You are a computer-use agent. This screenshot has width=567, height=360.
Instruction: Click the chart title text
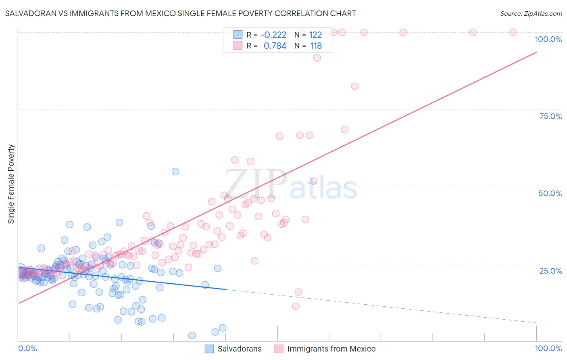tap(180, 13)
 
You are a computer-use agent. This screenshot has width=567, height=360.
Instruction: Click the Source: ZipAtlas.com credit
tap(531, 13)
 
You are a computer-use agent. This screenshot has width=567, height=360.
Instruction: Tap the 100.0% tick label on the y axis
tap(548, 39)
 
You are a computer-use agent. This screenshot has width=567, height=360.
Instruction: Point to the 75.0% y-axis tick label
tap(550, 116)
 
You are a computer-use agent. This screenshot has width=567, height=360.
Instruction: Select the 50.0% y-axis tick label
tap(550, 193)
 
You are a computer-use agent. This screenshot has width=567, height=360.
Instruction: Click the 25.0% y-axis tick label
tap(550, 270)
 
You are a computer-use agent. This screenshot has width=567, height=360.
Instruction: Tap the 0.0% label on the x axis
tap(27, 348)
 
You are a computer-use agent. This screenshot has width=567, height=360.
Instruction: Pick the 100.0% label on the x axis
tap(548, 348)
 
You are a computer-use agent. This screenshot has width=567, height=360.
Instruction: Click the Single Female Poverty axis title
tap(11, 184)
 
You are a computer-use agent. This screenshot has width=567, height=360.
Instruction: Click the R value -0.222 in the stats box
tap(273, 35)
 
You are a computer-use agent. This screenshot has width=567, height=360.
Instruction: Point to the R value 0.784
tap(275, 46)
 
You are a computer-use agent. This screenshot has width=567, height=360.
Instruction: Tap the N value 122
tap(315, 35)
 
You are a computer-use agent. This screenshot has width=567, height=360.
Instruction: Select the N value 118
tap(316, 46)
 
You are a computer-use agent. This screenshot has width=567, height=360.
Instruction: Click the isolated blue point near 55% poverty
tap(175, 172)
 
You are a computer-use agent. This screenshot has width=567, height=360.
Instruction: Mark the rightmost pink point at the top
tap(513, 32)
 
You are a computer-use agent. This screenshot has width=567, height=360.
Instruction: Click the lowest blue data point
tap(192, 335)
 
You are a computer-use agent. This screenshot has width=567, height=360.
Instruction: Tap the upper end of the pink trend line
tap(536, 52)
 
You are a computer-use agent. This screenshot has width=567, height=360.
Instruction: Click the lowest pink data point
tap(296, 306)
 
